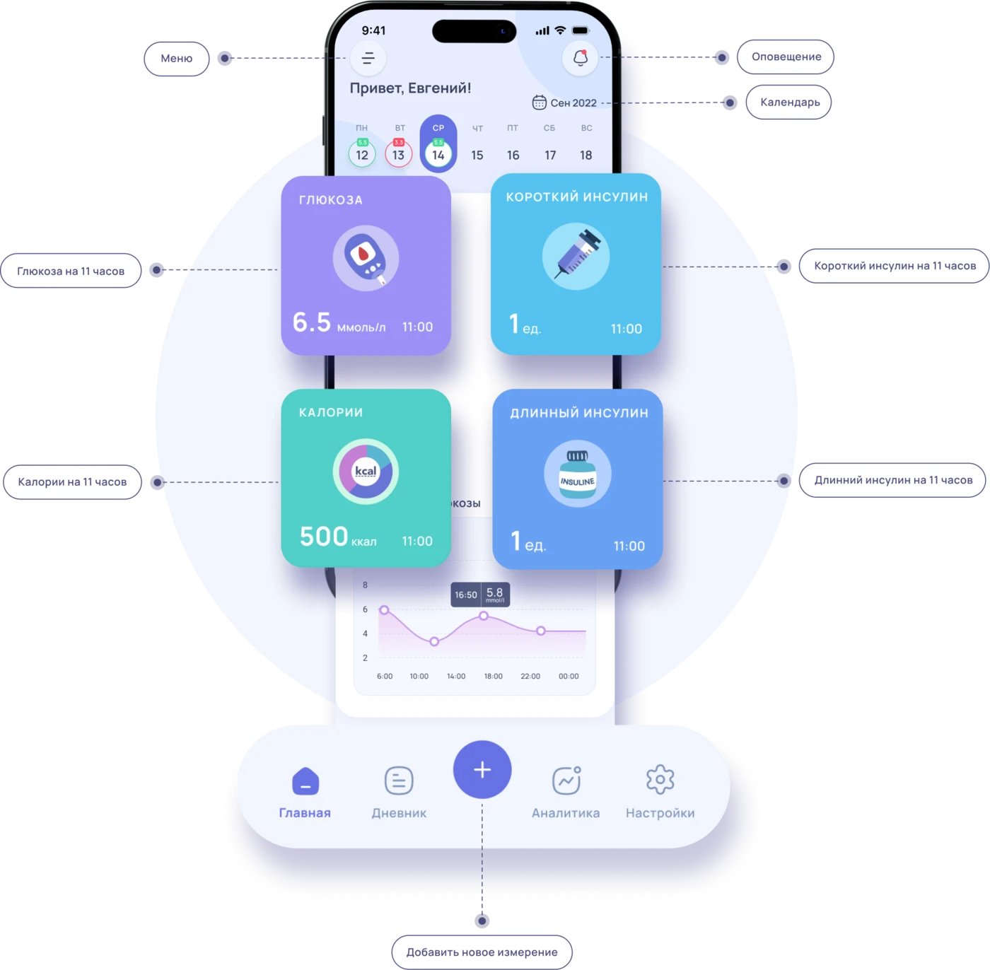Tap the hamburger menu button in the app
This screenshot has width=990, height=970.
368,58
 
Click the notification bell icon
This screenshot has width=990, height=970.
580,58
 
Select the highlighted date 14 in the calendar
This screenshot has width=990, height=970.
438,154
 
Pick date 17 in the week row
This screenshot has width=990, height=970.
550,155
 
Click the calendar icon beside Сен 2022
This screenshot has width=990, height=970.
539,103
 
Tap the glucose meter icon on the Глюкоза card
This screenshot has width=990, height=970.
366,258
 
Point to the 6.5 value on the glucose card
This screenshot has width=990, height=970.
312,322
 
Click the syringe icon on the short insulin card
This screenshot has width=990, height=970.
576,256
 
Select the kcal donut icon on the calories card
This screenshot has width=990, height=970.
366,472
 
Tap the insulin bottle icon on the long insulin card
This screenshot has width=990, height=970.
577,474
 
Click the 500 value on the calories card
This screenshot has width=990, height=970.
324,537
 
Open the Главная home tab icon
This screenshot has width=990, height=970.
305,782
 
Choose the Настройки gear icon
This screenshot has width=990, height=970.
660,780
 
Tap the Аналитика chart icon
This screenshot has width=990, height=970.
566,781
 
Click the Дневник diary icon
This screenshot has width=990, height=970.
399,781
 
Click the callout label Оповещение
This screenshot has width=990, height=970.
786,57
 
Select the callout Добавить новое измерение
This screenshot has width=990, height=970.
482,952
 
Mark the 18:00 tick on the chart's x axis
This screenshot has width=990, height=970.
493,677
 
